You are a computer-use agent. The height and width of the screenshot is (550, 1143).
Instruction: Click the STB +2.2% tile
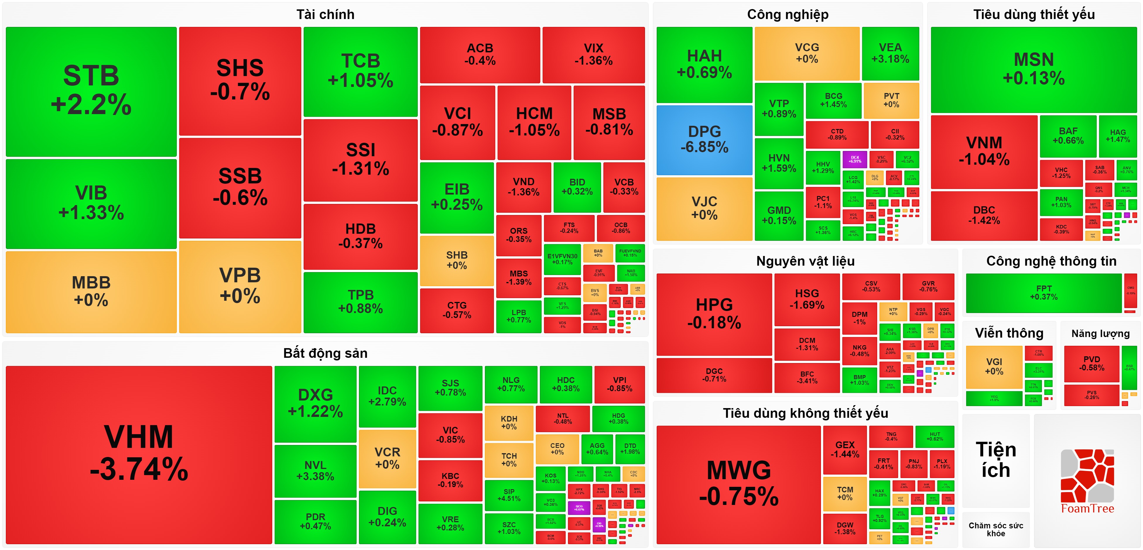(x=91, y=91)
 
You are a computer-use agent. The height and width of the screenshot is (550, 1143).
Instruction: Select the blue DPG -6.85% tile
(x=704, y=139)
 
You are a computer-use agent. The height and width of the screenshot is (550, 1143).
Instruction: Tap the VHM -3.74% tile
(x=139, y=454)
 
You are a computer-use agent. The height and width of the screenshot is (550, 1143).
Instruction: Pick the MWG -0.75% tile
(x=738, y=484)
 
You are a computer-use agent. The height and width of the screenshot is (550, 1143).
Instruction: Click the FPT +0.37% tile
(x=1044, y=293)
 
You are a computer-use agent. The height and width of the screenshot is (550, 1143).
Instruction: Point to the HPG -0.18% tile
(x=714, y=314)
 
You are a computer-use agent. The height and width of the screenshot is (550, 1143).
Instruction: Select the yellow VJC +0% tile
(x=704, y=208)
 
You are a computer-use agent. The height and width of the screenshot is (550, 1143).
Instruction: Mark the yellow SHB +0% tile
(x=456, y=260)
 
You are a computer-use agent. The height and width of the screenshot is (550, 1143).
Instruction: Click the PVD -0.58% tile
(x=1091, y=363)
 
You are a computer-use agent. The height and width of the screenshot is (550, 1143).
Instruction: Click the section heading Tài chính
(x=325, y=15)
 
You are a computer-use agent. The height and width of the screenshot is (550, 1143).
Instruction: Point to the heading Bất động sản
(x=325, y=353)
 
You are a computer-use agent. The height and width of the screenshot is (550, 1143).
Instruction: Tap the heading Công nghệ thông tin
(x=1051, y=261)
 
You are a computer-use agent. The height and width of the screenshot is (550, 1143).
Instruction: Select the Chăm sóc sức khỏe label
(x=996, y=529)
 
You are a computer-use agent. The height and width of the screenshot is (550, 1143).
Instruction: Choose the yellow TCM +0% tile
(x=845, y=493)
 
